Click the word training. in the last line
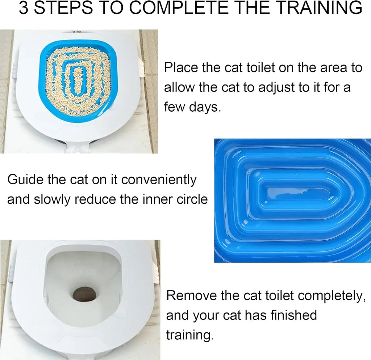pyautogui.click(x=188, y=335)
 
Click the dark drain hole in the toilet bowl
pyautogui.click(x=84, y=294)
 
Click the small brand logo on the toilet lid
pyautogui.click(x=76, y=32)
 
